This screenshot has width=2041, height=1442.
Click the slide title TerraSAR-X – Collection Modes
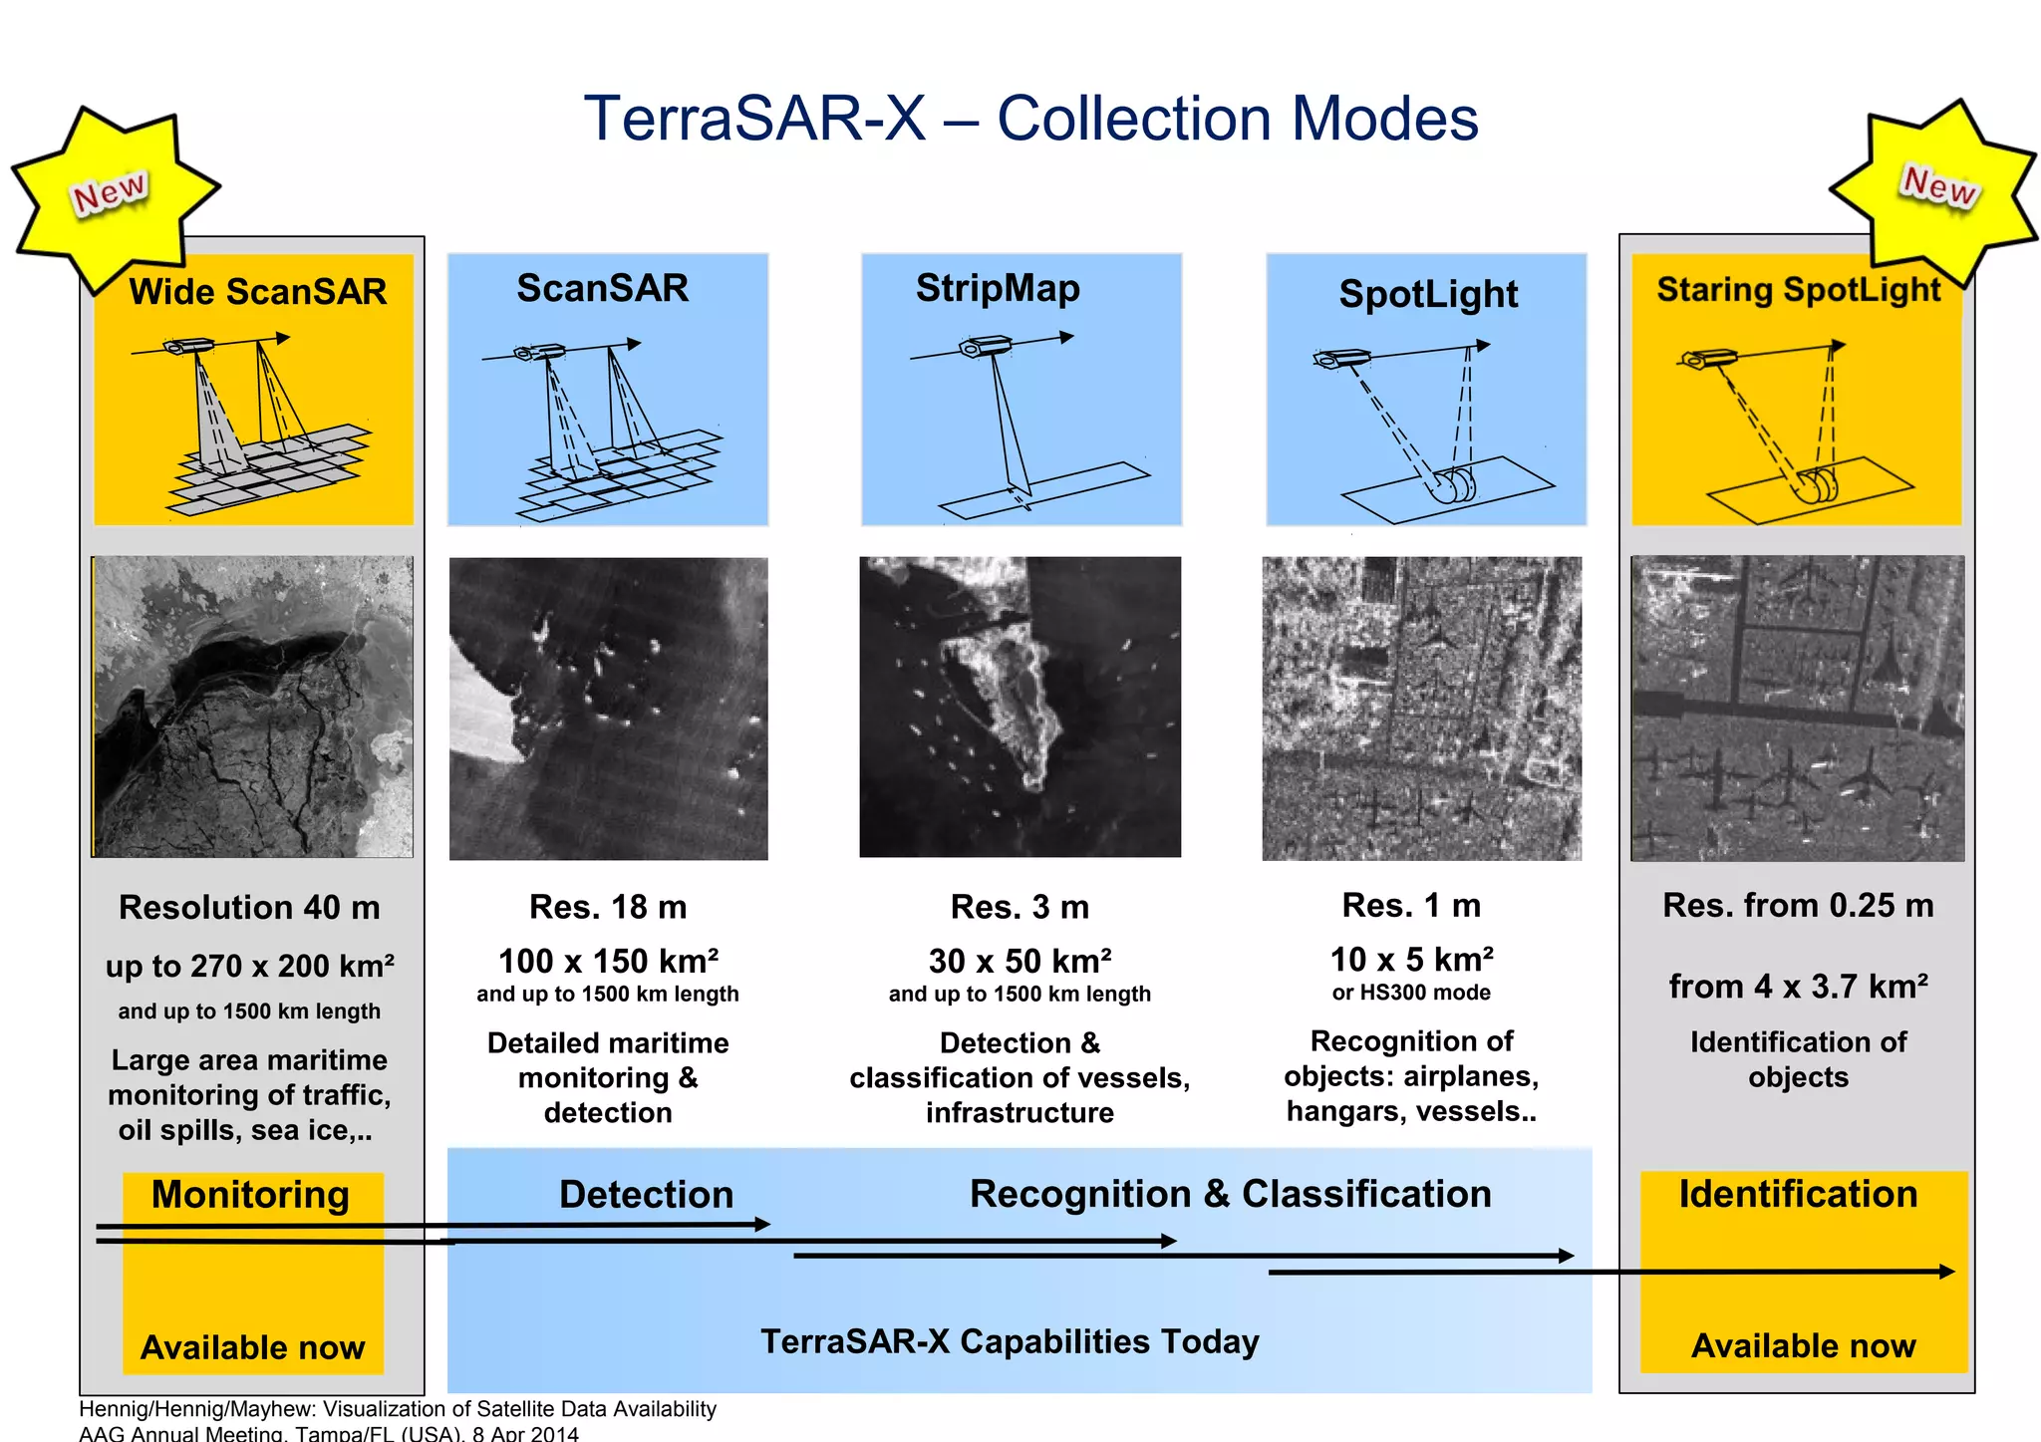click(x=1030, y=119)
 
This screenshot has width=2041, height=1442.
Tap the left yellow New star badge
click(x=111, y=192)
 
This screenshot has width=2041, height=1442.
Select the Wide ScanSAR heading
click(x=257, y=292)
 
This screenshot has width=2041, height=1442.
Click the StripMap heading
click(x=998, y=288)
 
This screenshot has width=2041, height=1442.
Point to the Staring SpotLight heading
click(x=1798, y=289)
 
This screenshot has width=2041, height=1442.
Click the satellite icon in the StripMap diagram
click(x=985, y=346)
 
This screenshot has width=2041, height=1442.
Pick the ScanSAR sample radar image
click(x=608, y=708)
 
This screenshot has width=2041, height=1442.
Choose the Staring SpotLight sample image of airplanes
click(x=1797, y=708)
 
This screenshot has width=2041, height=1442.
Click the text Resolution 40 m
click(x=249, y=907)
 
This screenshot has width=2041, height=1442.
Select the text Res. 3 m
click(x=1020, y=907)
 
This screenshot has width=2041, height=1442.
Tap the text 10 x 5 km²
click(x=1411, y=959)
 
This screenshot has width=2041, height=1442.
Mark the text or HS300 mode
click(x=1411, y=993)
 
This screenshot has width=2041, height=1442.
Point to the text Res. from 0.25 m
click(x=1798, y=905)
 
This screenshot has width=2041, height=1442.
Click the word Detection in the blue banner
click(x=646, y=1194)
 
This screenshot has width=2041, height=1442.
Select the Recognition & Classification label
click(x=1230, y=1194)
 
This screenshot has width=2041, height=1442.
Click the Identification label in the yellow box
click(x=1798, y=1194)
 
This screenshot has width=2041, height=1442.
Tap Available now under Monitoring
click(x=253, y=1347)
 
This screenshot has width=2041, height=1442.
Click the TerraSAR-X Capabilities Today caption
click(x=1010, y=1341)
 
